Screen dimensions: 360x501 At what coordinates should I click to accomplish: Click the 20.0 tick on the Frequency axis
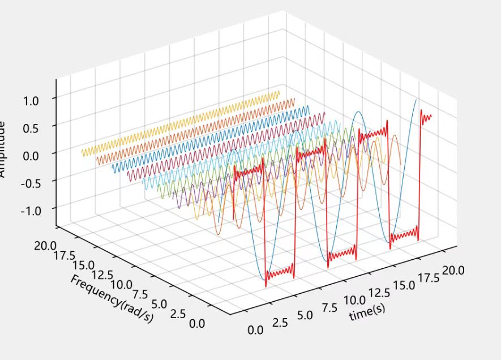coord(45,245)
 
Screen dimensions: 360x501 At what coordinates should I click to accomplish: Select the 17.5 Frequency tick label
coord(66,255)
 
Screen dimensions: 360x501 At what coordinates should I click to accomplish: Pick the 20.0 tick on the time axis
coord(453,269)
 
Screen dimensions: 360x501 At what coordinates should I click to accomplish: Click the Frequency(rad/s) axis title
coord(112,299)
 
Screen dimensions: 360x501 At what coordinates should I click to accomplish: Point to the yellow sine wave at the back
coord(181,122)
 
